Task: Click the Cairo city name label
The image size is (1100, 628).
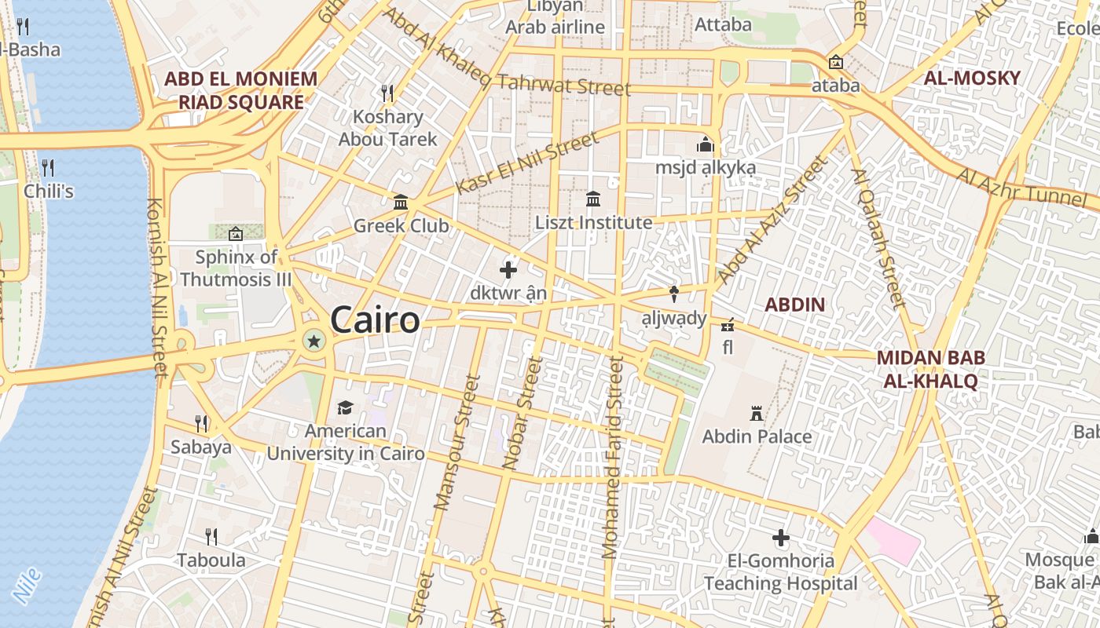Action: pyautogui.click(x=375, y=320)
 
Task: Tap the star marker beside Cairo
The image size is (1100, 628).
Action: pyautogui.click(x=314, y=340)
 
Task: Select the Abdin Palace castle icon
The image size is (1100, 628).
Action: pyautogui.click(x=757, y=413)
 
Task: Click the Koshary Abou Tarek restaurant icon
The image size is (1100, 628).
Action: pyautogui.click(x=387, y=93)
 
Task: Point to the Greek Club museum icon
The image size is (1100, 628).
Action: pyautogui.click(x=401, y=203)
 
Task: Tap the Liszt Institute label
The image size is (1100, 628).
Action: pyautogui.click(x=593, y=223)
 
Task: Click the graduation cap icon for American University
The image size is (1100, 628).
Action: pyautogui.click(x=345, y=407)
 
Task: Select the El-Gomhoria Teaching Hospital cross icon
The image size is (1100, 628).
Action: pyautogui.click(x=780, y=538)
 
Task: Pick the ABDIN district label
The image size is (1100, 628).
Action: pyautogui.click(x=794, y=305)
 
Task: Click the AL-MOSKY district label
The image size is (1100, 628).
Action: pyautogui.click(x=971, y=78)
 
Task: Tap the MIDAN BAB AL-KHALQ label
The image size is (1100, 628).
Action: pyautogui.click(x=930, y=370)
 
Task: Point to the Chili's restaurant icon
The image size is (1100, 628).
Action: pyautogui.click(x=48, y=167)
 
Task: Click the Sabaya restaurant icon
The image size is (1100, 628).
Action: pyautogui.click(x=201, y=424)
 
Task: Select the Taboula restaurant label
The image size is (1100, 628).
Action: pyautogui.click(x=211, y=560)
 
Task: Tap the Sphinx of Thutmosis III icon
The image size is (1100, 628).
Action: pyautogui.click(x=236, y=233)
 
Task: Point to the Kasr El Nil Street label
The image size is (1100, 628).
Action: pyautogui.click(x=526, y=163)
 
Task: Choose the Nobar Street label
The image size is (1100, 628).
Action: pyautogui.click(x=522, y=413)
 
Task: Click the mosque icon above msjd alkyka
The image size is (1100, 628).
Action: pyautogui.click(x=705, y=145)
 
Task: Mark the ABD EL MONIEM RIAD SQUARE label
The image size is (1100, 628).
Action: pyautogui.click(x=240, y=90)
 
